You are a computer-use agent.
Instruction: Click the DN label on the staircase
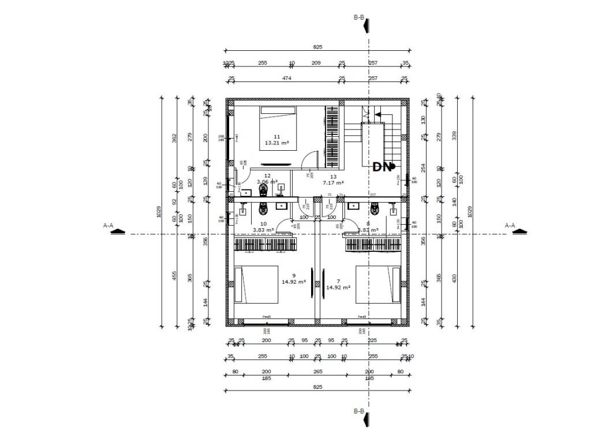pyautogui.click(x=381, y=167)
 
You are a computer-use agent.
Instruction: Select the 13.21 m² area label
pyautogui.click(x=276, y=143)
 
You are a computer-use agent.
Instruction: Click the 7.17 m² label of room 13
pyautogui.click(x=334, y=183)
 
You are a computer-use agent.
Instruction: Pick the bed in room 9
pyautogui.click(x=256, y=284)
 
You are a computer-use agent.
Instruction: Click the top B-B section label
pyautogui.click(x=358, y=17)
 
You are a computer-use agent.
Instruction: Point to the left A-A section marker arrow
pyautogui.click(x=118, y=232)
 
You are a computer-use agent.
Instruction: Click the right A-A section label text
pyautogui.click(x=510, y=225)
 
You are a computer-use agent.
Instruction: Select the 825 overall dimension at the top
pyautogui.click(x=317, y=47)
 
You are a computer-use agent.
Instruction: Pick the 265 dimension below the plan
pyautogui.click(x=317, y=372)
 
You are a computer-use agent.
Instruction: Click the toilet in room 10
pyautogui.click(x=264, y=207)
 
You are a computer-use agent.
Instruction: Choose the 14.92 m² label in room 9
pyautogui.click(x=294, y=282)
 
